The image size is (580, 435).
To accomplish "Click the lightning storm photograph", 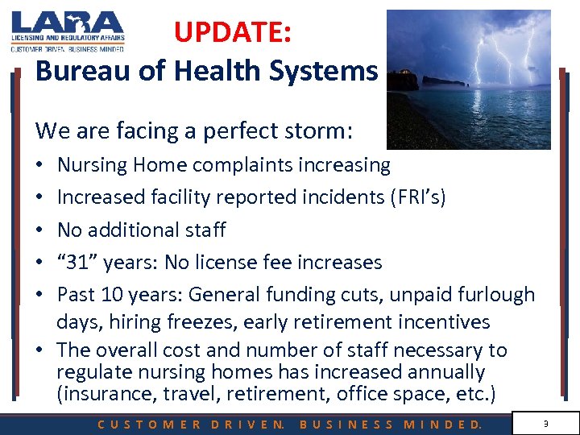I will point(468,79).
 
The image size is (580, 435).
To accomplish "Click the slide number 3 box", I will point(545,423).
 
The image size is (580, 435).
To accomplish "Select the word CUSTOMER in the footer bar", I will point(148,424).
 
